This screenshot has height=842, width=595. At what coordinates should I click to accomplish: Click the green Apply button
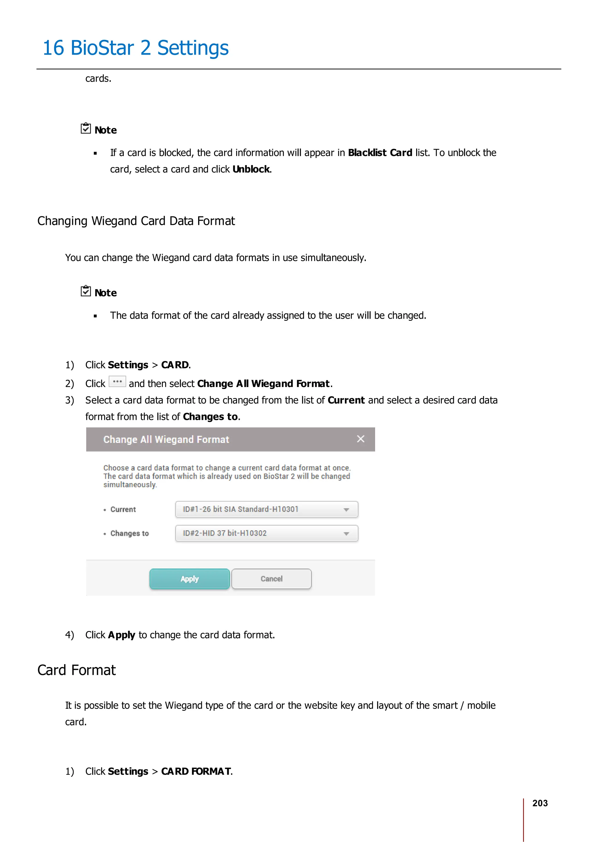point(189,579)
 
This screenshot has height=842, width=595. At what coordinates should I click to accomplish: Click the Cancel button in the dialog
point(271,579)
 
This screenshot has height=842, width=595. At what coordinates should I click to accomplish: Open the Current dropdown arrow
point(346,510)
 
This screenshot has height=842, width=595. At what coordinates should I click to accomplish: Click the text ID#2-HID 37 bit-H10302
point(225,533)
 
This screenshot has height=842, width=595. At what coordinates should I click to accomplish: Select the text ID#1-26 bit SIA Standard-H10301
point(241,509)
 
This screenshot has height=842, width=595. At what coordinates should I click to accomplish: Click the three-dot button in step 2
point(117,382)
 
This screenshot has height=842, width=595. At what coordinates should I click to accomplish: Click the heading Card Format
point(77,670)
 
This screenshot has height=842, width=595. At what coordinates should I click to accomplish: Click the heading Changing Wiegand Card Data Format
point(136,221)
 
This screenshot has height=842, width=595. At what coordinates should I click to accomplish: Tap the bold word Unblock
point(251,169)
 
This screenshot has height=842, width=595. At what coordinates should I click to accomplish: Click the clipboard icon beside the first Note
point(86,128)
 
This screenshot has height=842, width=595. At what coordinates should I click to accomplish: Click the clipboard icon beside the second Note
point(86,291)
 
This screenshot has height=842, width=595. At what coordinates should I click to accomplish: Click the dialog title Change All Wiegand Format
point(166,439)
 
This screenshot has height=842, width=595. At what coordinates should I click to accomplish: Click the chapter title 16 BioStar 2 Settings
point(136,48)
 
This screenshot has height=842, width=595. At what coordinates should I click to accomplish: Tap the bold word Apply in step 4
point(121,635)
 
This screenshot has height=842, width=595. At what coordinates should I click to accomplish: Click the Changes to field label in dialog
point(129,533)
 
